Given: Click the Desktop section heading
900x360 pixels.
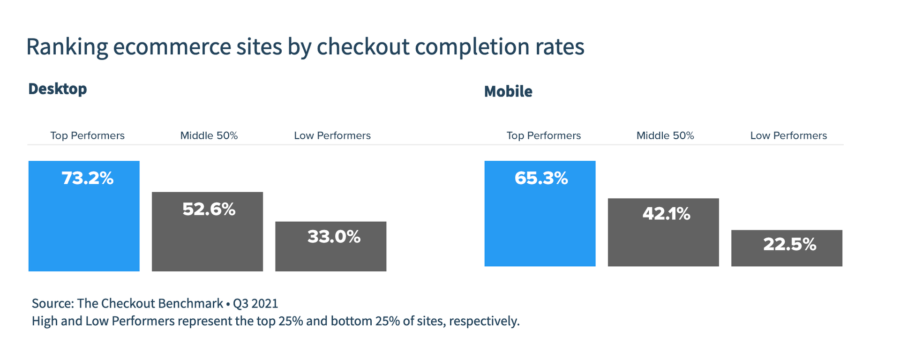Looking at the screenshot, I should click(x=58, y=89).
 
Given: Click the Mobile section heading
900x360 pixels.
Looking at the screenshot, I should click(x=508, y=91).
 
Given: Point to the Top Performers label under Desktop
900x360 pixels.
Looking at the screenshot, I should click(x=87, y=136).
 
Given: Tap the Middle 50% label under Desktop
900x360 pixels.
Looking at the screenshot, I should click(x=209, y=136).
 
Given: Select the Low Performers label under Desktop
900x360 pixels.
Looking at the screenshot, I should click(x=332, y=136).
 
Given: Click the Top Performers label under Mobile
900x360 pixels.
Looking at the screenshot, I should click(x=544, y=136).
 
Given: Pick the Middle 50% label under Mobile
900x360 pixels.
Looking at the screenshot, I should click(x=665, y=136).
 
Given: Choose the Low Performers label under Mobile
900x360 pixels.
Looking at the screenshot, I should click(x=788, y=136).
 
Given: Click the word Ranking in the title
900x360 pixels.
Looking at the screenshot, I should click(x=67, y=47).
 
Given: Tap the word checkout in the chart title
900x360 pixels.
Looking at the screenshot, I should click(x=363, y=47).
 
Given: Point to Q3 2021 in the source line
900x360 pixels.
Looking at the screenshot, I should click(x=255, y=304).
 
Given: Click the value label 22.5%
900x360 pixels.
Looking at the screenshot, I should click(x=790, y=244).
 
